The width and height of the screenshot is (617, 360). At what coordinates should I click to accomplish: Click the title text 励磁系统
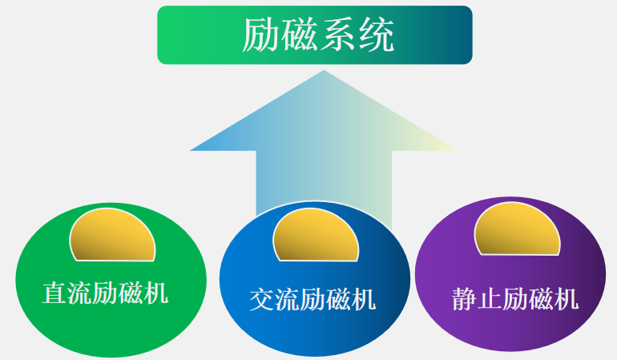[x=318, y=34]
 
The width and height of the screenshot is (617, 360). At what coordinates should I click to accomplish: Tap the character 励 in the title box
[x=261, y=34]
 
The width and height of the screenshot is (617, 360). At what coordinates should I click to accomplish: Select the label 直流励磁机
[x=105, y=293]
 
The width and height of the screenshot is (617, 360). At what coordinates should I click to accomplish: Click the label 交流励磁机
[x=313, y=300]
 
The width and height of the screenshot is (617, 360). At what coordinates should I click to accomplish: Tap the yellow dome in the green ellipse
[x=112, y=236]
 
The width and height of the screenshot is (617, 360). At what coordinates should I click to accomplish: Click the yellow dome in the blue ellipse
[x=316, y=236]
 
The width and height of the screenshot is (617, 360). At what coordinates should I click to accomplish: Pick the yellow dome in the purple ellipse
[x=517, y=230]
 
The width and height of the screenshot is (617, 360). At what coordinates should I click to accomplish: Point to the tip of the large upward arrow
[x=323, y=72]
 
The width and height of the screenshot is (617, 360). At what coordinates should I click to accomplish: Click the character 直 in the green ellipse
[x=54, y=293]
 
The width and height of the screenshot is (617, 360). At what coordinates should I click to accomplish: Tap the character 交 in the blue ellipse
[x=262, y=300]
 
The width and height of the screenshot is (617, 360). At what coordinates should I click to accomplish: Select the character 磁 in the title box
[x=300, y=35]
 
